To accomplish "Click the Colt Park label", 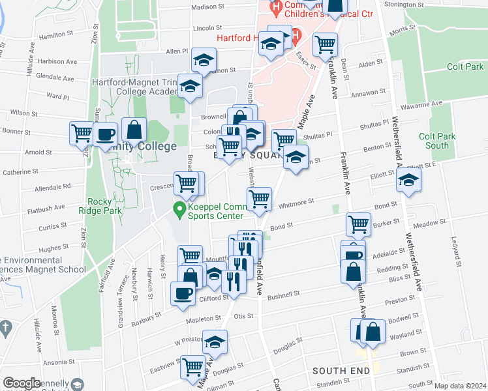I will [465, 66].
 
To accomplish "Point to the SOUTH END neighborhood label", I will [337, 370].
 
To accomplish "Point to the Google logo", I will [22, 383].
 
